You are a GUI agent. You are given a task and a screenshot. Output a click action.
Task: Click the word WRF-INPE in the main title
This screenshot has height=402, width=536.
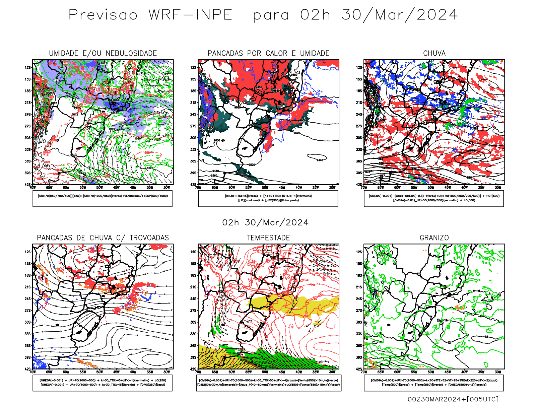(190, 15)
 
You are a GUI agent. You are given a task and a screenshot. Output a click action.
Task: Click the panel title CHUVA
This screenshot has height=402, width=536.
(434, 53)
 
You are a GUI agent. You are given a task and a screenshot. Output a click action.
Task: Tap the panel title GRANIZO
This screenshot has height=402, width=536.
(434, 238)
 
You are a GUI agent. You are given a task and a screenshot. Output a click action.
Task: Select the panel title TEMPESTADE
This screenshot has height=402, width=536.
(268, 238)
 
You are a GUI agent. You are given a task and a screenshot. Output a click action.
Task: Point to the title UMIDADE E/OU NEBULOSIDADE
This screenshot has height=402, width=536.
(103, 53)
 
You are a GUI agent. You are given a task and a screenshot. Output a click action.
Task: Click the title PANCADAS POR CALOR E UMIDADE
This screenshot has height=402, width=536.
(268, 53)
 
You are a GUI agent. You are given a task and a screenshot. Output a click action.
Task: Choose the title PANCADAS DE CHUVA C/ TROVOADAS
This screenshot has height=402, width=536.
(103, 238)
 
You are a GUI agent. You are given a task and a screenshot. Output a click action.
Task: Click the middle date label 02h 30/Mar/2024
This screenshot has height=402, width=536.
(265, 223)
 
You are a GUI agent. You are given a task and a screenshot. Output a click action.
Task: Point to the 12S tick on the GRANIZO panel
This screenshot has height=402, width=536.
(359, 252)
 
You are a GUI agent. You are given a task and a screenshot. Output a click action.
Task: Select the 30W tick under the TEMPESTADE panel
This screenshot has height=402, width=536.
(332, 372)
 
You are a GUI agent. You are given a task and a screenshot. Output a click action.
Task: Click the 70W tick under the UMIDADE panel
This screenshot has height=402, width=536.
(32, 188)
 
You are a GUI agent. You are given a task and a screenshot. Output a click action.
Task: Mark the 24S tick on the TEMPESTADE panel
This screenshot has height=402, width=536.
(193, 299)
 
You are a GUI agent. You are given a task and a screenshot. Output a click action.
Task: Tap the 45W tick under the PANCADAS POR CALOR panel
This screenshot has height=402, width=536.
(282, 188)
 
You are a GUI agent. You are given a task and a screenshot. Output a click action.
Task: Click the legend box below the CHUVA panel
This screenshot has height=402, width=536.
(434, 198)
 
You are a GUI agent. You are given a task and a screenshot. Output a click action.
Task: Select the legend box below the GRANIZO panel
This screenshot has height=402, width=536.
(434, 383)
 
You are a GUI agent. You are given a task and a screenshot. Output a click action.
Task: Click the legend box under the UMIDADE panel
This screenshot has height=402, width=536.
(103, 198)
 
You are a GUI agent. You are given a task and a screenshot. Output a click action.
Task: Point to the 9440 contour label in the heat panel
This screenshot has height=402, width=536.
(320, 160)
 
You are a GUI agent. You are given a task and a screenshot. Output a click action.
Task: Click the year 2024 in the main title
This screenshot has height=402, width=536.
(437, 15)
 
